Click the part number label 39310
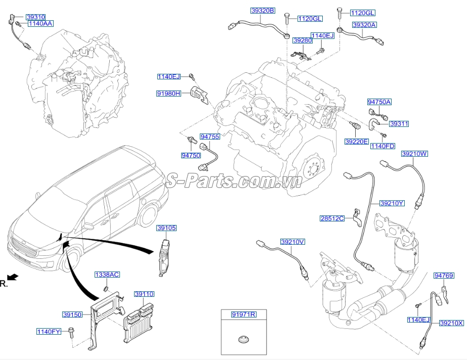[x=35, y=17]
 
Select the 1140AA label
[x=41, y=23]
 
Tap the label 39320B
[x=263, y=11]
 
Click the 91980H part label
[x=169, y=94]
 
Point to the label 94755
[x=209, y=137]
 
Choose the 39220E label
[x=357, y=142]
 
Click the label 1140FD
[x=383, y=146]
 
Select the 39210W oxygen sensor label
[x=414, y=154]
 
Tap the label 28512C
[x=332, y=218]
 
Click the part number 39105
[x=166, y=228]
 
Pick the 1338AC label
[x=107, y=275]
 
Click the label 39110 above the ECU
[x=144, y=294]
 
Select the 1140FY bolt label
[x=49, y=331]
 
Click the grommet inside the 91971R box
[x=244, y=339]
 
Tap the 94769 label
[x=444, y=276]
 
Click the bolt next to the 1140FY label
[x=71, y=332]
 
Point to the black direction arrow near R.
[x=13, y=277]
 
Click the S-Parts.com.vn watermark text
[x=234, y=180]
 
